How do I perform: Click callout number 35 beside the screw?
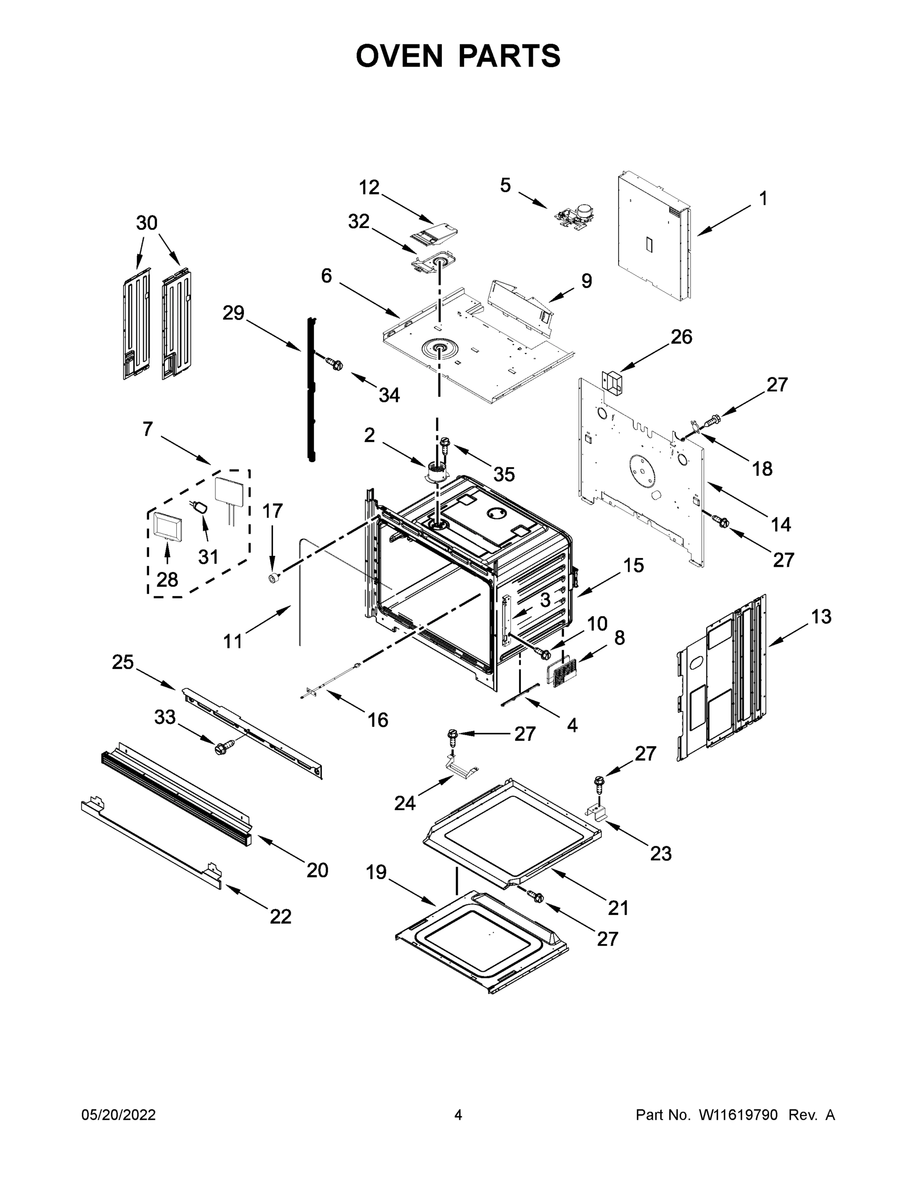[x=504, y=475]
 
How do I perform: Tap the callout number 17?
[x=273, y=511]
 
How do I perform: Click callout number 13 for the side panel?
[x=821, y=617]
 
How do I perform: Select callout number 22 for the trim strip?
[x=280, y=916]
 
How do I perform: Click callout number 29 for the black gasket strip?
[x=234, y=313]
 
